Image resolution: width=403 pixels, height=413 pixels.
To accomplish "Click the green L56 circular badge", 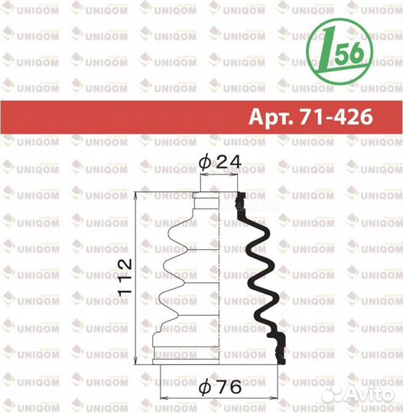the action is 340,52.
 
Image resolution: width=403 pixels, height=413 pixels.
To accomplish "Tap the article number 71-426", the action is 336,116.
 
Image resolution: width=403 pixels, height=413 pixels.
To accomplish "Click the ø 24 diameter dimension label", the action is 220,161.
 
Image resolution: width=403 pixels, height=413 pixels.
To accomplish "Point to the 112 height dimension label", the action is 125,278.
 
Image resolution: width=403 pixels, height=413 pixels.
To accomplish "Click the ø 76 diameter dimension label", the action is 220,387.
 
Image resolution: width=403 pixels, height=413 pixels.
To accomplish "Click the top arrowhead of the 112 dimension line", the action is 136,197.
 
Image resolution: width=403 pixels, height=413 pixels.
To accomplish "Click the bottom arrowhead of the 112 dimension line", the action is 136,360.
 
